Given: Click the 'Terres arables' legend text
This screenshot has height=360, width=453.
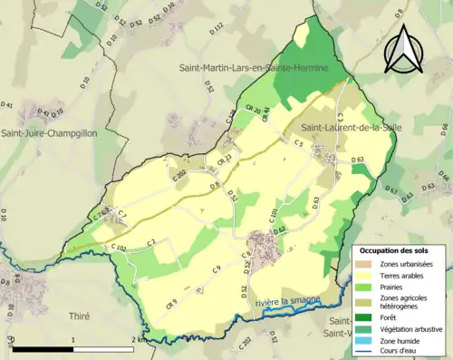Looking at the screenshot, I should (x=404, y=276).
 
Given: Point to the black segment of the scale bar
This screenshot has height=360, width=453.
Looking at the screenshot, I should (x=43, y=348).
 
